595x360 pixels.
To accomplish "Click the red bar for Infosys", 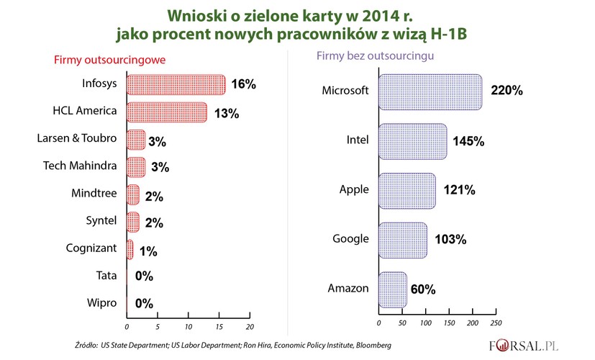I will (x=176, y=85).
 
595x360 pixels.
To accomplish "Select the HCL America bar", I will (x=167, y=112).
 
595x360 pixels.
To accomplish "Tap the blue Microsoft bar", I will (x=430, y=91).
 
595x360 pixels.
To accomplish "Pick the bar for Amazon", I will (x=392, y=289).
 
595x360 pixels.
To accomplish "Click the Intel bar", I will (x=412, y=141).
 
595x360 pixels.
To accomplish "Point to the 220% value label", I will (x=507, y=91).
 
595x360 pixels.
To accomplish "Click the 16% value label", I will (x=244, y=85).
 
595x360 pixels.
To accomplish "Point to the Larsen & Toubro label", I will (x=80, y=139).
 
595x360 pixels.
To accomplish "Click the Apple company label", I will (x=354, y=190).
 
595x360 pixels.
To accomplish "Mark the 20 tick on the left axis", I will (x=249, y=315).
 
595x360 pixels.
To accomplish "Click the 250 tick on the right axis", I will (x=496, y=323).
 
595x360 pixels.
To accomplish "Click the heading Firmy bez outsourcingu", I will (x=373, y=56).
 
